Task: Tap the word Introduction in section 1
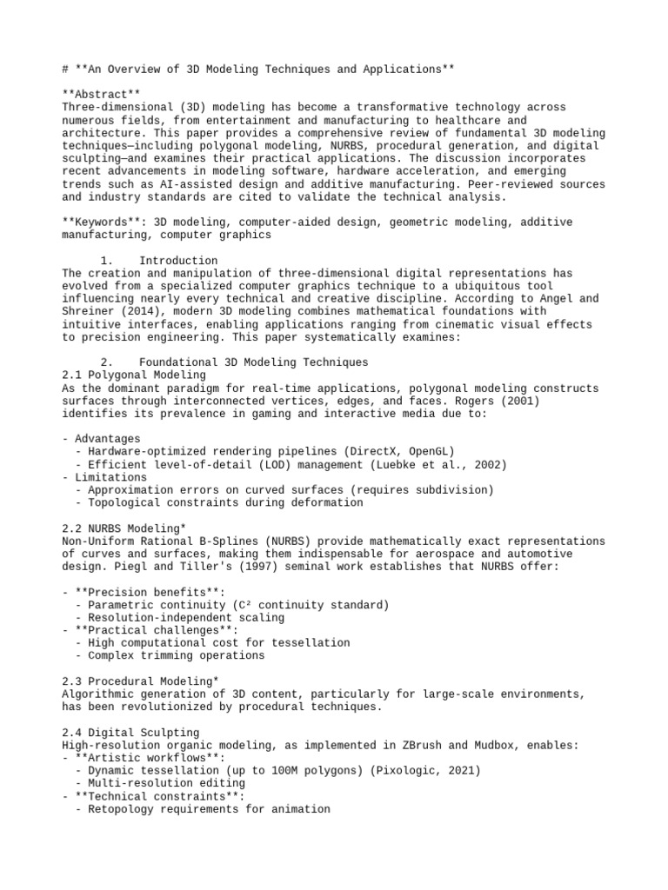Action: click(x=178, y=261)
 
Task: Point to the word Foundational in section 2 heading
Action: click(x=178, y=362)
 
